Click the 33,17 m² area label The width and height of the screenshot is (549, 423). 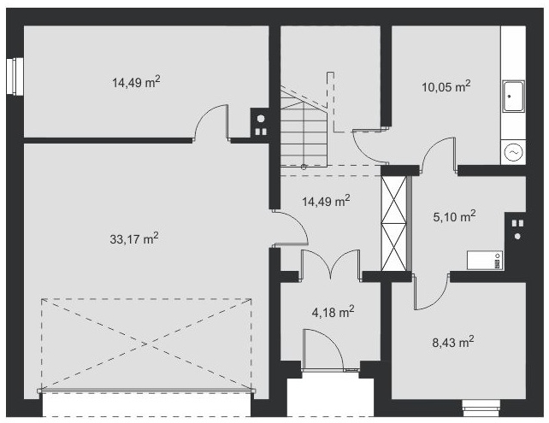click(134, 238)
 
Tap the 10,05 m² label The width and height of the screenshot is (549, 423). click(446, 86)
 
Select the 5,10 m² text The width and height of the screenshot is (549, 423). click(454, 216)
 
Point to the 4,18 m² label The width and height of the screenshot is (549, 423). click(333, 311)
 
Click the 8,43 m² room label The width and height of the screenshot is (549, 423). click(453, 342)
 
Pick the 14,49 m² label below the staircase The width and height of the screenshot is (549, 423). click(326, 201)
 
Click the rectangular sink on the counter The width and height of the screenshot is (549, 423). click(513, 97)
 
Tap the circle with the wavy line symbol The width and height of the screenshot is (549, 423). click(514, 152)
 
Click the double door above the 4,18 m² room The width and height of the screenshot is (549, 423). click(331, 265)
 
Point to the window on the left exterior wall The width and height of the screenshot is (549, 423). click(15, 76)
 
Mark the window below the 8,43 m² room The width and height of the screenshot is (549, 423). click(481, 408)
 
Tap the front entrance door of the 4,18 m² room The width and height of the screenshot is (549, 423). click(324, 350)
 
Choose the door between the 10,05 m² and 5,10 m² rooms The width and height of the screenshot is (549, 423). click(439, 155)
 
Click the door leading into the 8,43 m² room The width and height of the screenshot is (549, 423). click(431, 291)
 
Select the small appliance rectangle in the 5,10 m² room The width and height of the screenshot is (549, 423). click(485, 260)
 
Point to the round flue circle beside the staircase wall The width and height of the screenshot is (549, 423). click(261, 119)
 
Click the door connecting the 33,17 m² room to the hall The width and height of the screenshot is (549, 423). click(290, 227)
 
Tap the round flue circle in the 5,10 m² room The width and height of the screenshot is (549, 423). click(517, 236)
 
